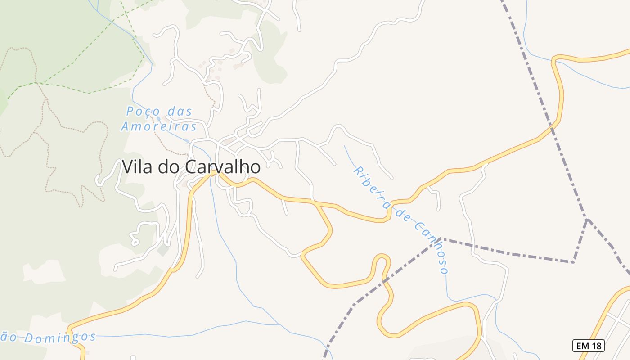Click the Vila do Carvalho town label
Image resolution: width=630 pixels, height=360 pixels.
point(191,167)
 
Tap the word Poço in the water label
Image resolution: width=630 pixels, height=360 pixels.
point(142,111)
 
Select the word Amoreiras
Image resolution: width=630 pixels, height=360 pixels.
point(159,126)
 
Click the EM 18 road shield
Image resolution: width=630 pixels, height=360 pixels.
point(588,346)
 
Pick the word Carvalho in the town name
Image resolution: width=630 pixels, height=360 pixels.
point(223,167)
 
